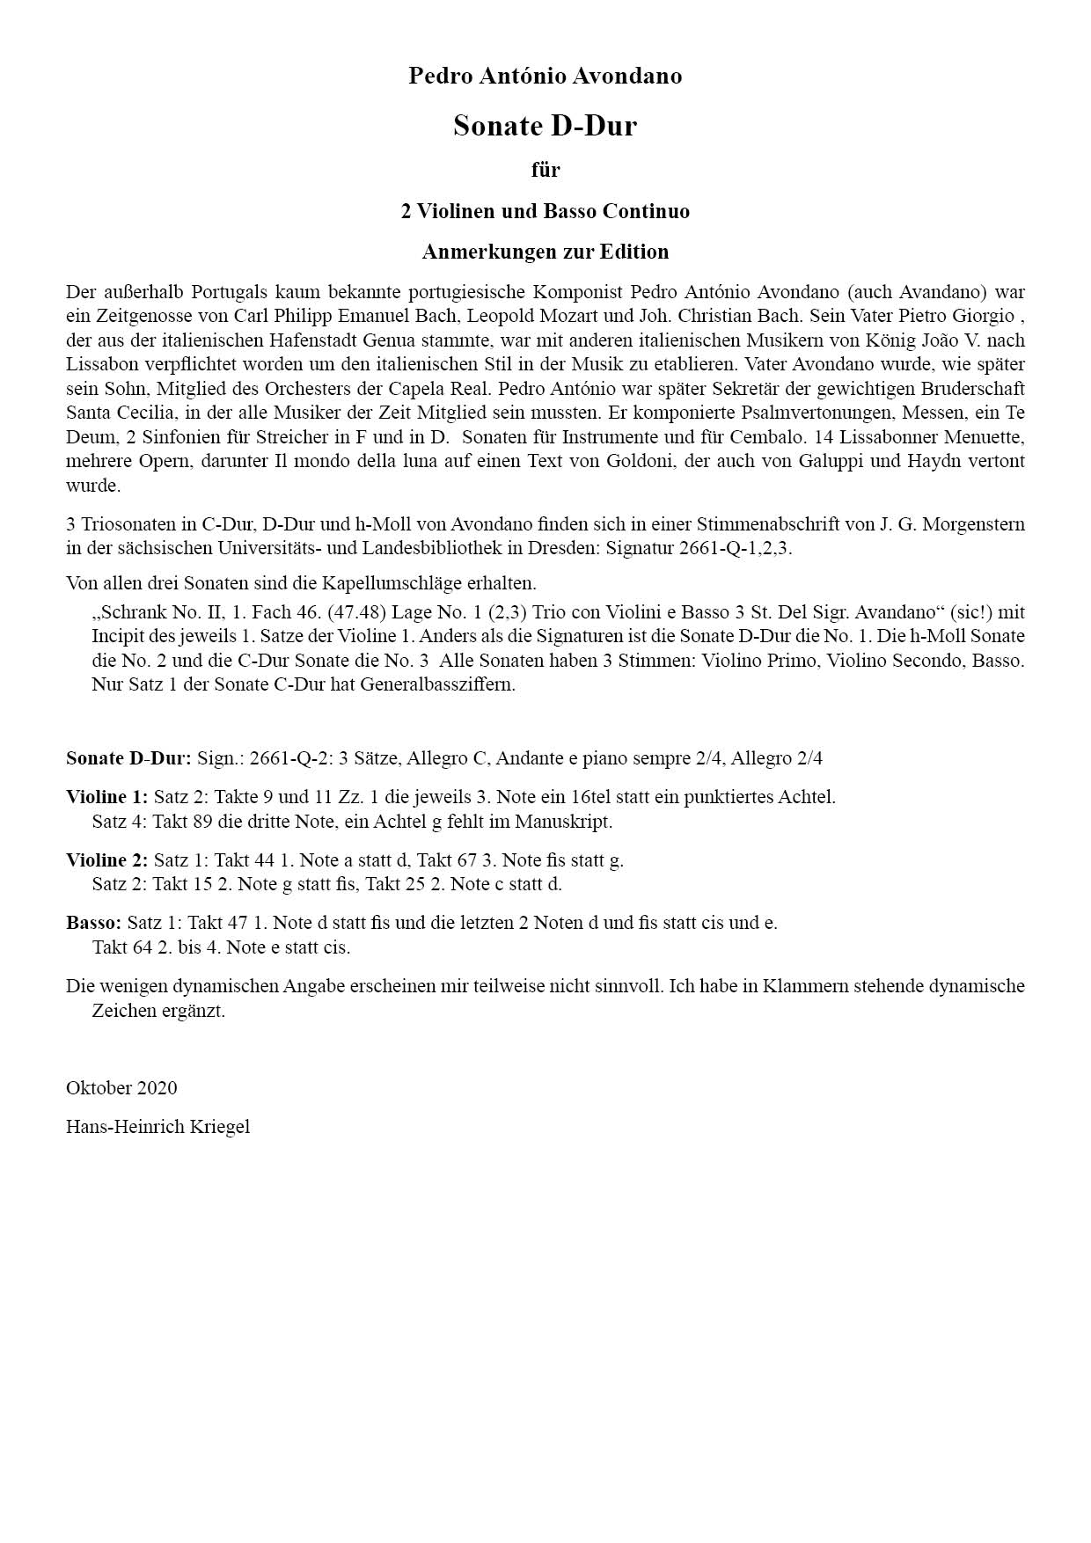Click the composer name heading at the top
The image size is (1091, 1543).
pos(545,77)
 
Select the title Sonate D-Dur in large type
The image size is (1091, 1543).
pos(545,126)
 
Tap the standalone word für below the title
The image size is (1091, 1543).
pos(545,170)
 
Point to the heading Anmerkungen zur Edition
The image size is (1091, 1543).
pos(545,252)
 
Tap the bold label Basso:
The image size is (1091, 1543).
pos(93,923)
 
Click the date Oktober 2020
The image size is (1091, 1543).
pos(121,1087)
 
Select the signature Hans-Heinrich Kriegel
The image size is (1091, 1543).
pos(157,1126)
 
